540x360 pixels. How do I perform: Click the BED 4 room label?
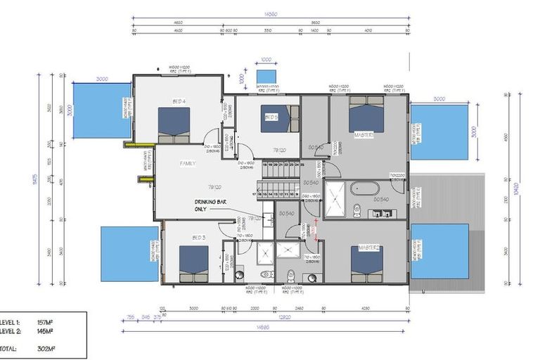point(179,102)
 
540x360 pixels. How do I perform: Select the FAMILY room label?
point(187,163)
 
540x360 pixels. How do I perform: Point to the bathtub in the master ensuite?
point(364,188)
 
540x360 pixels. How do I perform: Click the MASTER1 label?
point(364,134)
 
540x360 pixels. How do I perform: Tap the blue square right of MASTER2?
point(440,251)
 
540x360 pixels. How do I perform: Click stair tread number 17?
point(253,193)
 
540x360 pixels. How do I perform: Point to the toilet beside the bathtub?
point(356,208)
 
